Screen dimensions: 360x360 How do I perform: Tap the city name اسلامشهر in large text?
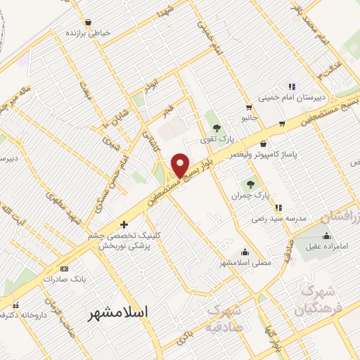pyautogui.click(x=120, y=314)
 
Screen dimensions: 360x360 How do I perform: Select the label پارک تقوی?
pyautogui.click(x=216, y=139)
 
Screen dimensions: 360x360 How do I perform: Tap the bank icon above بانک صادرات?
pyautogui.click(x=64, y=269)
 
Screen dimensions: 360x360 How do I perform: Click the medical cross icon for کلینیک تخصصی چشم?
pyautogui.click(x=124, y=225)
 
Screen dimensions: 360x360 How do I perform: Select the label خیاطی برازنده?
pyautogui.click(x=89, y=32)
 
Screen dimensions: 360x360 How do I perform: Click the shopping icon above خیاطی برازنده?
pyautogui.click(x=88, y=22)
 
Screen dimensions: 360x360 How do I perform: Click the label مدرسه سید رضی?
pyautogui.click(x=279, y=219)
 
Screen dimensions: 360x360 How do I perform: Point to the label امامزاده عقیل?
pyautogui.click(x=325, y=245)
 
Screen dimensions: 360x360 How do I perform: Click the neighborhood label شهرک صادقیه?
pyautogui.click(x=233, y=318)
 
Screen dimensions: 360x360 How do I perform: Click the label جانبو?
pyautogui.click(x=247, y=118)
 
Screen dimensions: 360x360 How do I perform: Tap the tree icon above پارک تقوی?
pyautogui.click(x=216, y=128)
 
